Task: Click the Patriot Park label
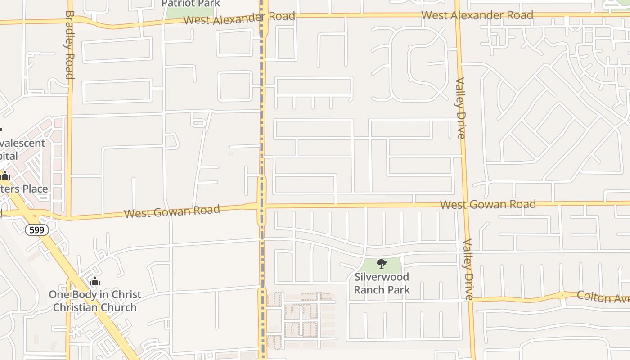click(191, 4)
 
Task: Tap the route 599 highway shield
click(37, 230)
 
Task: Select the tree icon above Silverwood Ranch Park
click(382, 264)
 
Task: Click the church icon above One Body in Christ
click(95, 282)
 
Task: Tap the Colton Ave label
click(603, 297)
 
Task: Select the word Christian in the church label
click(75, 307)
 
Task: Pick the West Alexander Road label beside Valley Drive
click(477, 15)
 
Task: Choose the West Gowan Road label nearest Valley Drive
click(488, 205)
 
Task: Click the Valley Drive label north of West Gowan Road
click(460, 108)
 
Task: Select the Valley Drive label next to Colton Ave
click(468, 269)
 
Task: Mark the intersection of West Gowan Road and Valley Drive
click(465, 205)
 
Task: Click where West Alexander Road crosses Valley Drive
click(458, 14)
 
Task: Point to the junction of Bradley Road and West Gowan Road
click(69, 218)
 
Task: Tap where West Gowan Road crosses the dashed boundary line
click(261, 206)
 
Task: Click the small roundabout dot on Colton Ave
click(562, 296)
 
